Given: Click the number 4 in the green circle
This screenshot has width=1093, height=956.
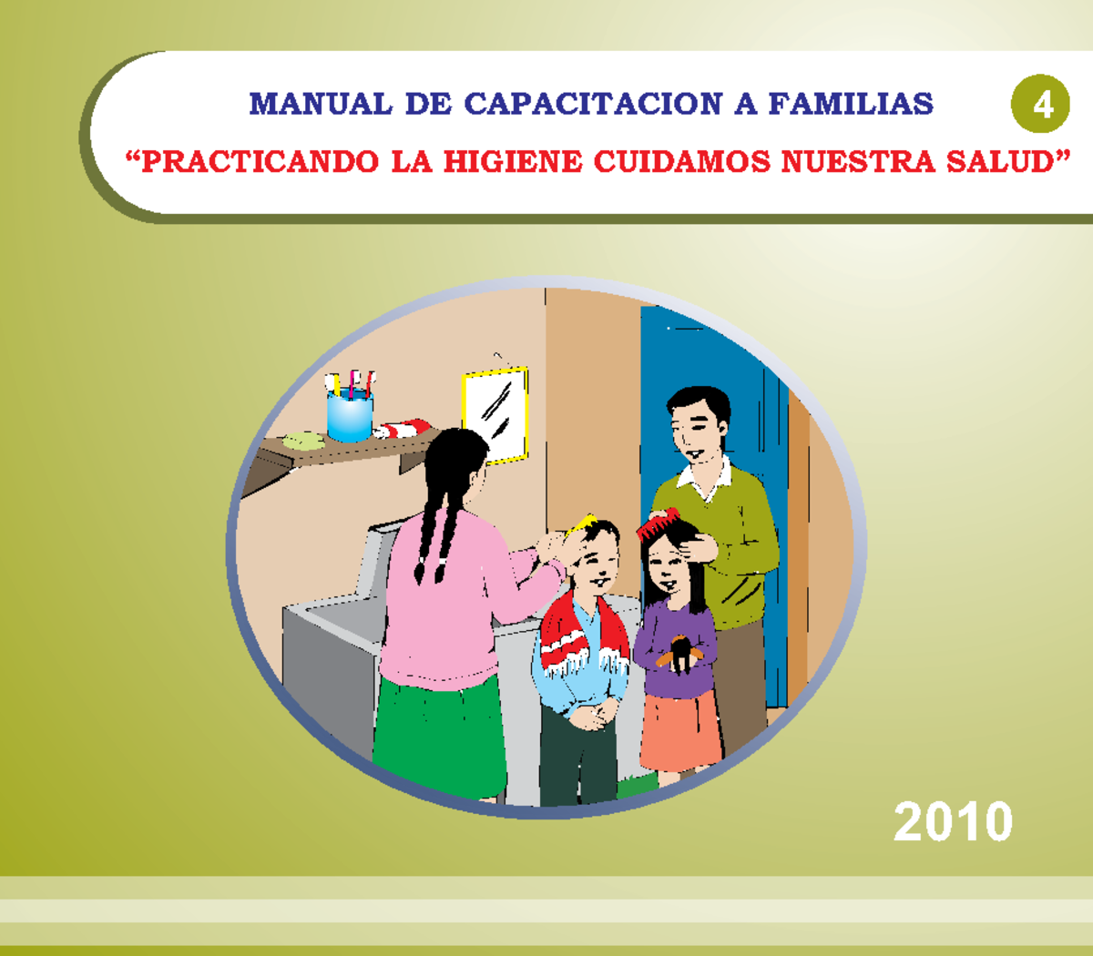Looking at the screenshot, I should (1041, 105).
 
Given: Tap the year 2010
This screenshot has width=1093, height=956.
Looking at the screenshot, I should (953, 821).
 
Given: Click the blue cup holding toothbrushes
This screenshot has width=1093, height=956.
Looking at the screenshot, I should (349, 416).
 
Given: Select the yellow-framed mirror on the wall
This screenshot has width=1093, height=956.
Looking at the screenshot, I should (495, 415).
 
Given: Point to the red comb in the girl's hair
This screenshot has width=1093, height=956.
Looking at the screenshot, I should (659, 524).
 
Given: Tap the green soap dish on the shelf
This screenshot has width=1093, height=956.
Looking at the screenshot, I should (302, 441).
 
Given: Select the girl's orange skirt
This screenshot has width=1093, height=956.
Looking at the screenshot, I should (679, 728).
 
